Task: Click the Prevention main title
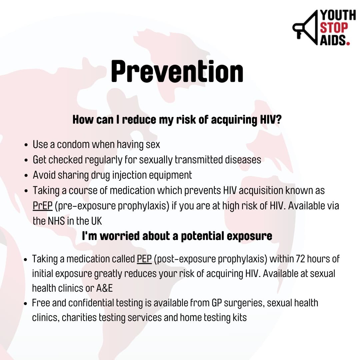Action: click(177, 71)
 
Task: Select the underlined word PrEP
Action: click(43, 206)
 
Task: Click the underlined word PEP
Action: click(144, 259)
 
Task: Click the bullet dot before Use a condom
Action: click(26, 145)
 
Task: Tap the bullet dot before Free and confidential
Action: click(26, 304)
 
